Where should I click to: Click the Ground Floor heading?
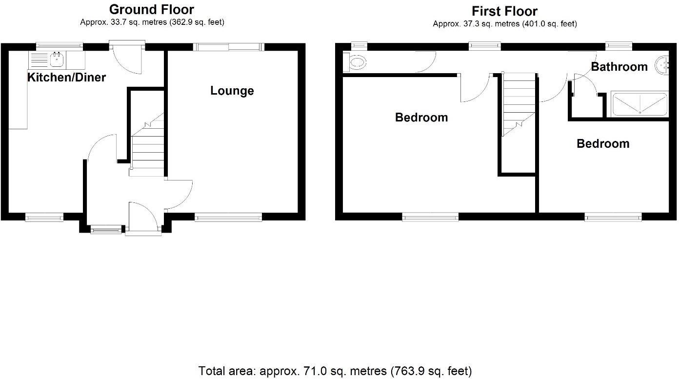click(x=151, y=9)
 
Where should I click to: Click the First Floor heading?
click(x=504, y=11)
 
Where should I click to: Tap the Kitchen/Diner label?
click(x=66, y=77)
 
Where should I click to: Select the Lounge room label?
click(x=232, y=91)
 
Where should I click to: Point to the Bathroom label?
click(x=619, y=67)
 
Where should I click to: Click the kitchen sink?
click(x=58, y=59)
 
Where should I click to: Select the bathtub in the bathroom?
click(x=639, y=105)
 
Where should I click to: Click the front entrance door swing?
click(x=144, y=216)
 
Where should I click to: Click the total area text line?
click(x=335, y=371)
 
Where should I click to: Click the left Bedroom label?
click(x=421, y=118)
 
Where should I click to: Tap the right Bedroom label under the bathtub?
click(x=602, y=144)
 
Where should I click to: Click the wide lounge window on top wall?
click(x=228, y=47)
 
